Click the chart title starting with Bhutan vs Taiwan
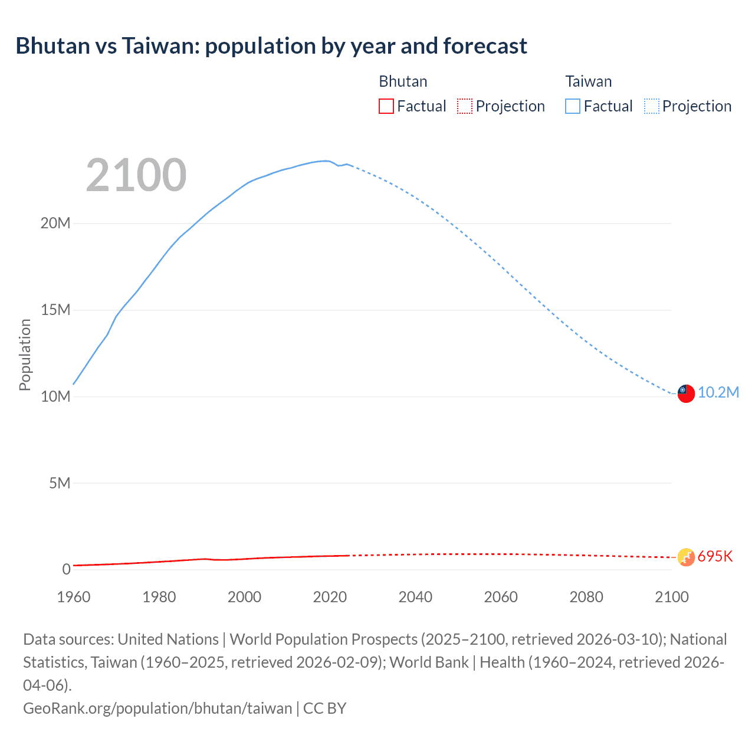click(x=271, y=46)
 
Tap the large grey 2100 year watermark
click(x=136, y=175)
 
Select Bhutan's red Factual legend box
click(x=386, y=106)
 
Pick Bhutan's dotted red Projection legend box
click(x=465, y=106)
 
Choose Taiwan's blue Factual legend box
click(x=572, y=106)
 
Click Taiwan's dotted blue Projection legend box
click(x=651, y=106)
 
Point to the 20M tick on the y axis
click(x=55, y=224)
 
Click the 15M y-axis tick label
click(x=55, y=310)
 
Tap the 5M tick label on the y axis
click(x=60, y=484)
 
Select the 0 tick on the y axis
click(x=66, y=570)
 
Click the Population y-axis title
click(x=25, y=354)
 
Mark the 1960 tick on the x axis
click(x=74, y=597)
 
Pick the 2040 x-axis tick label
click(x=415, y=597)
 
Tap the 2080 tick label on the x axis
click(x=586, y=597)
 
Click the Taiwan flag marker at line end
click(x=686, y=393)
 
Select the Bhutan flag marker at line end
click(x=686, y=557)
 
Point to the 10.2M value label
click(x=718, y=393)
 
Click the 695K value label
click(x=715, y=557)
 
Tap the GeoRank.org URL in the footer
click(x=157, y=708)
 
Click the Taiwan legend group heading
click(x=588, y=81)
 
